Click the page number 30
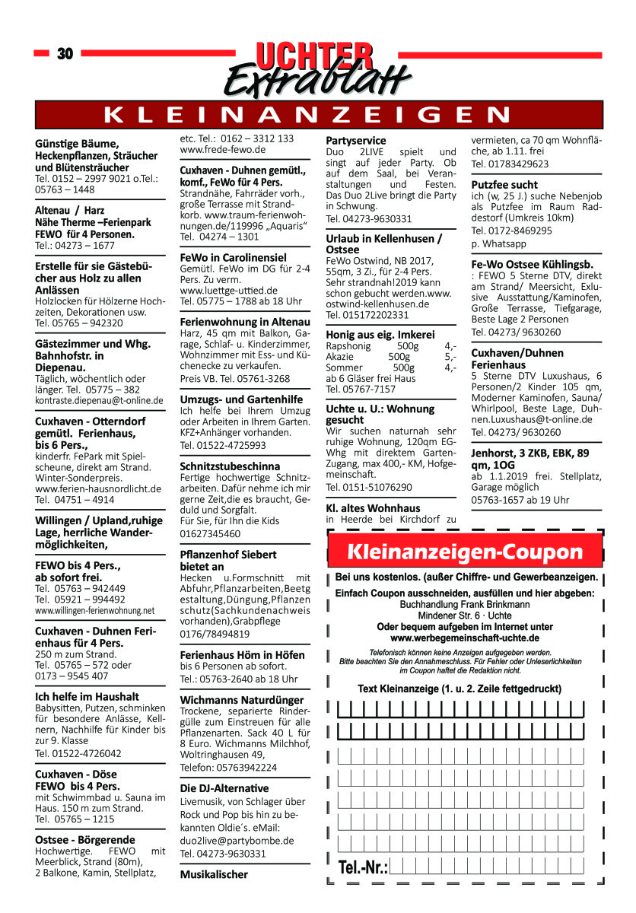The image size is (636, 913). tap(65, 53)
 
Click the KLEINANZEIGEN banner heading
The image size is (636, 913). tap(318, 115)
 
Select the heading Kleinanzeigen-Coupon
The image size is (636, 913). tap(465, 552)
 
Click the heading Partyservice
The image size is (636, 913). tap(356, 141)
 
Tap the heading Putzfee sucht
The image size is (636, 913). tap(504, 185)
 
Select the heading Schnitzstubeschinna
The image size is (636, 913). tap(230, 466)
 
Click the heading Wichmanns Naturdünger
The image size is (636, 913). tap(242, 700)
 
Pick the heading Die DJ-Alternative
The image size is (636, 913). tap(224, 787)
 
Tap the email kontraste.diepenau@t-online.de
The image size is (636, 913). tap(99, 400)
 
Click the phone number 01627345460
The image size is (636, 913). tap(211, 534)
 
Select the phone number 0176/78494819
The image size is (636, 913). tap(215, 634)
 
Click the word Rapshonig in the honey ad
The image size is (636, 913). tap(348, 345)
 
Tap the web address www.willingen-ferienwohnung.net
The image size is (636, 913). tap(95, 611)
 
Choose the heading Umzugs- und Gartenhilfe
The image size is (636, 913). tap(240, 399)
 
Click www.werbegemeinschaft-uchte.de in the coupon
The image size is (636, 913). tap(465, 638)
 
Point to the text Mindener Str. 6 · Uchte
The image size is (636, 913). tap(465, 616)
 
